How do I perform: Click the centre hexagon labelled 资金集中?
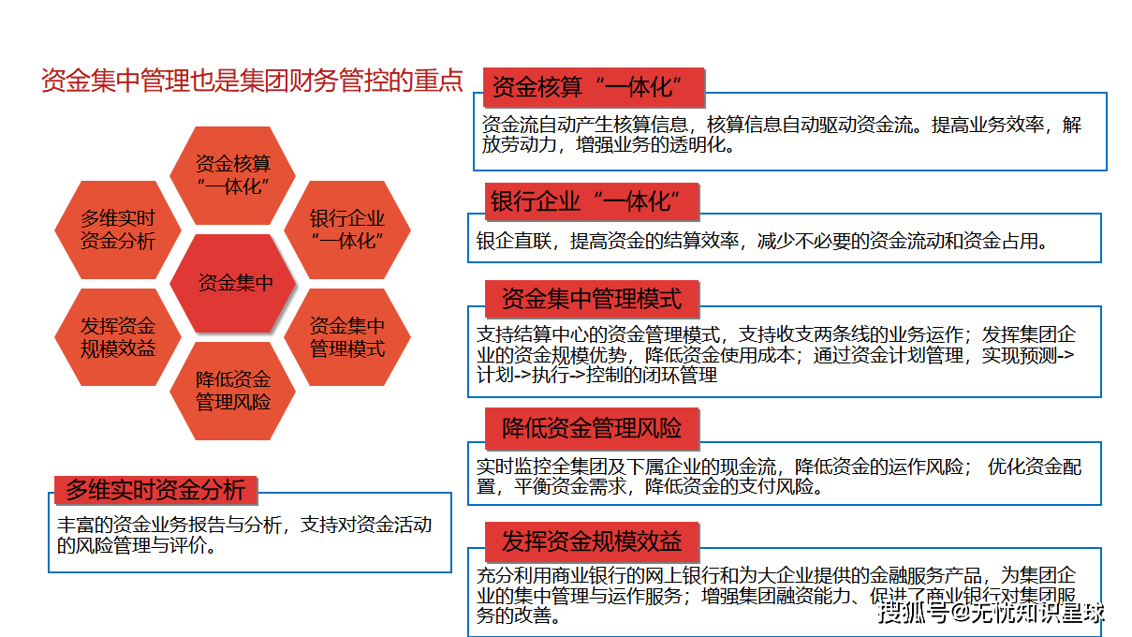pos(233,283)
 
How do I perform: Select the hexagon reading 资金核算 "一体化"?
pos(233,175)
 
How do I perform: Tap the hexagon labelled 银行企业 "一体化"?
pos(347,230)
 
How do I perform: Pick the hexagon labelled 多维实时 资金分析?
pos(118,230)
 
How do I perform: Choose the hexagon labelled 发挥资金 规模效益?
pos(118,337)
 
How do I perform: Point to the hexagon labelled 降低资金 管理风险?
pos(233,391)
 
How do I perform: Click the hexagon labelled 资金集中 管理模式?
pos(347,337)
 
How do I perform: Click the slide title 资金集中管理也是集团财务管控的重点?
pos(252,81)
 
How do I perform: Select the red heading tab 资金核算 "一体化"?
pos(595,88)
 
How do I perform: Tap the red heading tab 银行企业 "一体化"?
pos(594,202)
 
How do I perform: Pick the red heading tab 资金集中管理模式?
pos(592,299)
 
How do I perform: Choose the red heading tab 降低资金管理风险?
pos(592,429)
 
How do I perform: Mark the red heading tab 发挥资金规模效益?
pos(592,541)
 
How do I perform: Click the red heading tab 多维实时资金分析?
pos(155,489)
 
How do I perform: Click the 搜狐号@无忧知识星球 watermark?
pos(992,614)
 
